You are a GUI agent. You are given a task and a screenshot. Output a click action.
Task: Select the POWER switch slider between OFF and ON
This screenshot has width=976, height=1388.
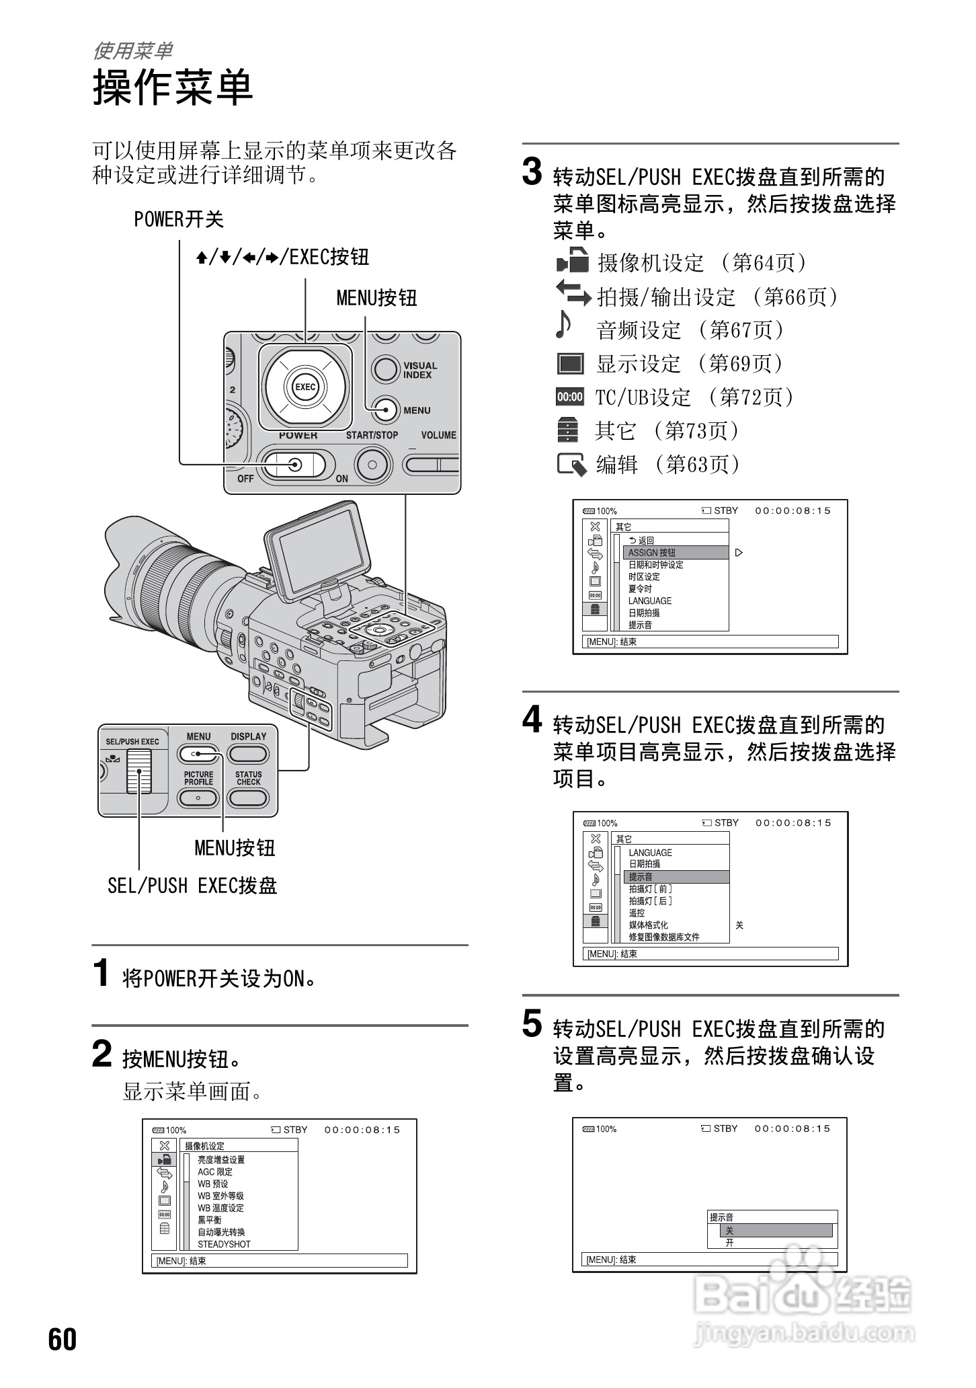click(x=294, y=465)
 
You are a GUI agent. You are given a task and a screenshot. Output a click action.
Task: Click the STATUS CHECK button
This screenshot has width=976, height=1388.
click(x=248, y=798)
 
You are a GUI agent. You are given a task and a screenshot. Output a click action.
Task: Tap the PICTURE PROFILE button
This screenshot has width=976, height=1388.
click(x=198, y=798)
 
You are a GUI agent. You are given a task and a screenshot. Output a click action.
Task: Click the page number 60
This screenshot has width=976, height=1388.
click(x=63, y=1339)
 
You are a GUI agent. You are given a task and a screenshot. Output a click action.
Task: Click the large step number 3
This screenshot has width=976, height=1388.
click(x=532, y=171)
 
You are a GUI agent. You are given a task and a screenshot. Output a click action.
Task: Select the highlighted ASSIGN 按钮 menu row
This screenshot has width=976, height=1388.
click(x=676, y=553)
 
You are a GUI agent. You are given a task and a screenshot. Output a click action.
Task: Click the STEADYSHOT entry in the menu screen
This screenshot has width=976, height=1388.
click(x=224, y=1244)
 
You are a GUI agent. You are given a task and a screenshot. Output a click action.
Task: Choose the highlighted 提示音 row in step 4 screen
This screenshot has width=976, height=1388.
click(x=676, y=877)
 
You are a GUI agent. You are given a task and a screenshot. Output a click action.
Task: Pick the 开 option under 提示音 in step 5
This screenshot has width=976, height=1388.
click(x=730, y=1243)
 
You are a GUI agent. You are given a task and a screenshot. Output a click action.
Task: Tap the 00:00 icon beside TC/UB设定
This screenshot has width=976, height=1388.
click(x=570, y=397)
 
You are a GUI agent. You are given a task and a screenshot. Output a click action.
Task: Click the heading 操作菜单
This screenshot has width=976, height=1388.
click(x=173, y=87)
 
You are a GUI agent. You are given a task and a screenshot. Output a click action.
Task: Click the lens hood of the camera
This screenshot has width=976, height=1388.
click(x=134, y=565)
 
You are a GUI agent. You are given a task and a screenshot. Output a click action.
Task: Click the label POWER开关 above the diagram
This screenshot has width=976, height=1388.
click(x=178, y=219)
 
